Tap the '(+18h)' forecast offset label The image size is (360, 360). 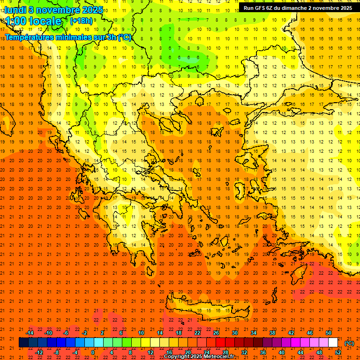81,21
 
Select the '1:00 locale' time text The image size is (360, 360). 33,21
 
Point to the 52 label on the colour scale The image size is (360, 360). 338,352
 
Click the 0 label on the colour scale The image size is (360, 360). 93,352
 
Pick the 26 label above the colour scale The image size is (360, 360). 216,333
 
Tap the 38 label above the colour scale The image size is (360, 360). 272,333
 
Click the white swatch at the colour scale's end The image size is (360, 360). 333,343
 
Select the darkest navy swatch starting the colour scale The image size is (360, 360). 23,343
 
